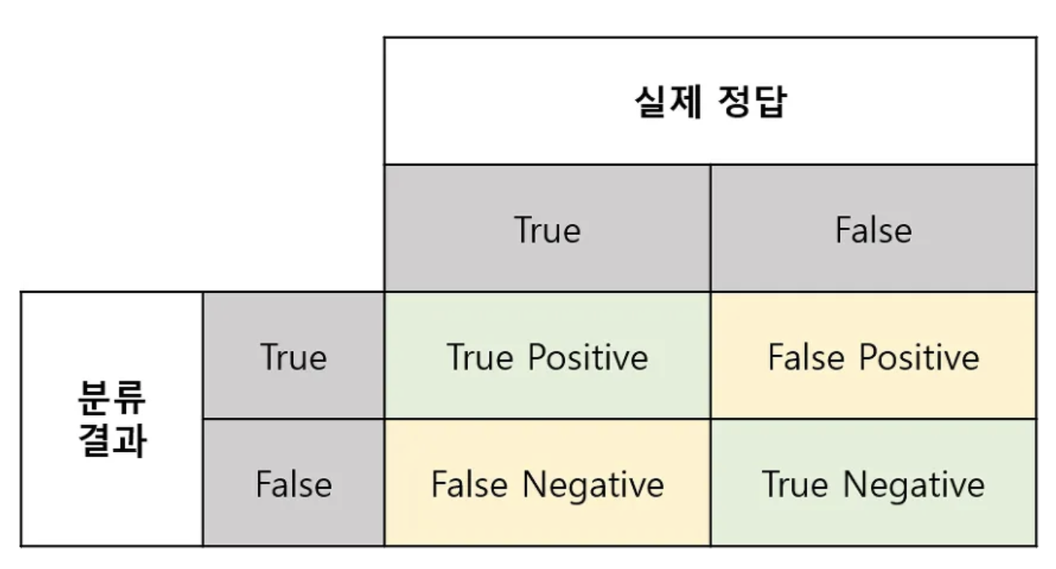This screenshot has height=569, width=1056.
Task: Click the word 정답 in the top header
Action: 752,101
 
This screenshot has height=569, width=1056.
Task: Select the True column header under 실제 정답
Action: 547,230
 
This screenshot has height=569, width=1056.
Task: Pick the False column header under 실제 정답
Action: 874,230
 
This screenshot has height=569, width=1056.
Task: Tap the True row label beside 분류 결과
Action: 293,357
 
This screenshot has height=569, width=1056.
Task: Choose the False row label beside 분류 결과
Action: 294,484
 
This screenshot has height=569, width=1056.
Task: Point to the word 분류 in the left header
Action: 112,398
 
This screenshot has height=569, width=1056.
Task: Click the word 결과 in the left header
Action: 112,440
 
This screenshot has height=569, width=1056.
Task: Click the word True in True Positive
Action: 480,357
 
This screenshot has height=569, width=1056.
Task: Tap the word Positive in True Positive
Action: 588,357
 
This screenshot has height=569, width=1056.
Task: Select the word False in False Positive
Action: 806,357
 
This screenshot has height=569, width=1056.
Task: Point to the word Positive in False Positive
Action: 919,357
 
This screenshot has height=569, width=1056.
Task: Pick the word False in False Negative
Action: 469,484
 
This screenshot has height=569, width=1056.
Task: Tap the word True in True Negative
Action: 795,484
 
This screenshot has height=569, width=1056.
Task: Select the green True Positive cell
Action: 547,355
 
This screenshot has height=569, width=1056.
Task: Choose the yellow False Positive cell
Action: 874,355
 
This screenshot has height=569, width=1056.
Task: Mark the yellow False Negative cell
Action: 547,482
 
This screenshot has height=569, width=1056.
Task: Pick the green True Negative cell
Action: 874,482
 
